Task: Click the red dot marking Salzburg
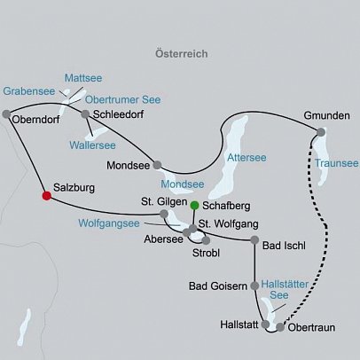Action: click(x=46, y=196)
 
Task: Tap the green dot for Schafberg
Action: click(x=194, y=205)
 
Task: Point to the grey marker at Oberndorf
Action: click(x=7, y=113)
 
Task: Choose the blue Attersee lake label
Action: click(x=247, y=157)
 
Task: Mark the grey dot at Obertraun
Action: click(x=281, y=327)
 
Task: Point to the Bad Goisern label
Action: click(x=218, y=286)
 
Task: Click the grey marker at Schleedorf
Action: click(x=85, y=114)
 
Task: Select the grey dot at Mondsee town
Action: click(x=157, y=164)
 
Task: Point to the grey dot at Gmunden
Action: click(x=321, y=131)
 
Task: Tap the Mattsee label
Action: click(x=82, y=77)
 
